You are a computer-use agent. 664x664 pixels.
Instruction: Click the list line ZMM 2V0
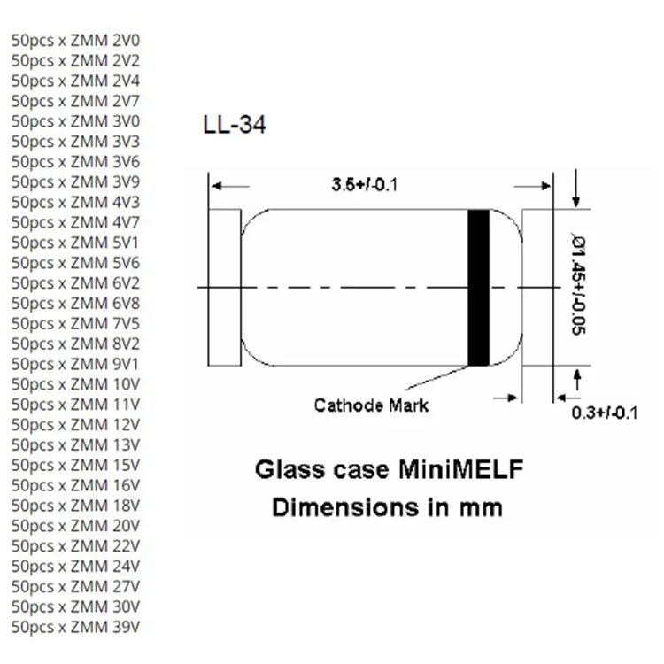coord(75,41)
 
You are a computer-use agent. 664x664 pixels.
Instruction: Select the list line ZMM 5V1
coord(75,243)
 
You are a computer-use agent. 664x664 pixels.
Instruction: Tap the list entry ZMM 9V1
coord(75,364)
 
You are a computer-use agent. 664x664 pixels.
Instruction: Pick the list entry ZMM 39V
coord(75,627)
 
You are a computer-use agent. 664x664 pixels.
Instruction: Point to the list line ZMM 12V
coord(75,425)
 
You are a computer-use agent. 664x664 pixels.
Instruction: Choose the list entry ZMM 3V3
coord(75,142)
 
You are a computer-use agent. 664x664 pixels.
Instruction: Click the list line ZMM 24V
coord(75,567)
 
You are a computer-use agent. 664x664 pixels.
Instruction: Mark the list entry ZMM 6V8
coord(75,304)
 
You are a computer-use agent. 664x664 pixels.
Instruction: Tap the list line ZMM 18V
coord(75,506)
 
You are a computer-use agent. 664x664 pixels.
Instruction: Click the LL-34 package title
coord(235,125)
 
